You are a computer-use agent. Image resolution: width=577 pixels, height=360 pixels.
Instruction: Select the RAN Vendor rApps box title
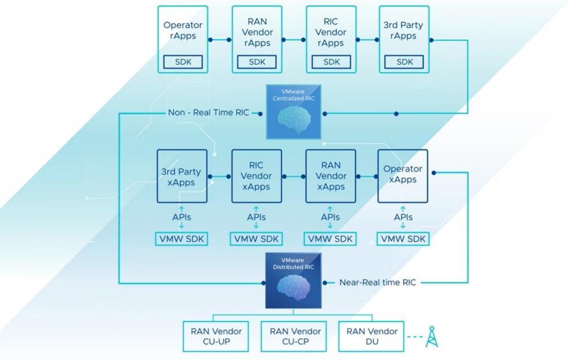coord(257,32)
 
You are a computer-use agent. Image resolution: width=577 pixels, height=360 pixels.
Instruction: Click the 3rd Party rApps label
coord(404,31)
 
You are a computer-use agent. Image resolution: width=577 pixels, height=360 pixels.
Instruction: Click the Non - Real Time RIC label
coord(208,112)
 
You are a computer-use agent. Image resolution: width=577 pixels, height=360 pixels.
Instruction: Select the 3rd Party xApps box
coord(182,176)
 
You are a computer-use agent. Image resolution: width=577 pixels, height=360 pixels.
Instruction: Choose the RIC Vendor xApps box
coord(257,176)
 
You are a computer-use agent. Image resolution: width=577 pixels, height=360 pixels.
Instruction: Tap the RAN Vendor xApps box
coord(331,176)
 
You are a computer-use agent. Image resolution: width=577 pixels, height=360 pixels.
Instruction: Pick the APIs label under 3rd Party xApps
coord(182,217)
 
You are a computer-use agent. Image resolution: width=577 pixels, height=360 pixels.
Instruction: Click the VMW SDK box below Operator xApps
coord(403,239)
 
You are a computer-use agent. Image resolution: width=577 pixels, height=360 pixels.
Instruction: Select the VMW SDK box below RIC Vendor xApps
coord(256,239)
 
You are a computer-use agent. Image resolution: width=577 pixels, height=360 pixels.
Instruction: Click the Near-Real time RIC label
coord(377,283)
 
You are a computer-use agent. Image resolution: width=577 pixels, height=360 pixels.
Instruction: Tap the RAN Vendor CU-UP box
coord(216,337)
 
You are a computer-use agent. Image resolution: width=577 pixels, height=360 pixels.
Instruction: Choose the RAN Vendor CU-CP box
coord(295,337)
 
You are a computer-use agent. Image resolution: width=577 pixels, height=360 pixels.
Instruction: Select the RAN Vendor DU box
coord(372,337)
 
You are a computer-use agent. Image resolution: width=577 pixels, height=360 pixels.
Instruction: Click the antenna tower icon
coord(432,337)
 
